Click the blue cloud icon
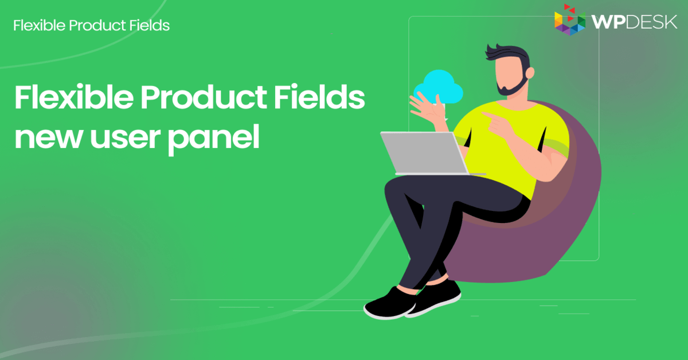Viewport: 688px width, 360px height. [x=438, y=87]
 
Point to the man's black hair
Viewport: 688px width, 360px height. [x=505, y=50]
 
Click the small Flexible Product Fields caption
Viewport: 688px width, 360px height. [x=91, y=25]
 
